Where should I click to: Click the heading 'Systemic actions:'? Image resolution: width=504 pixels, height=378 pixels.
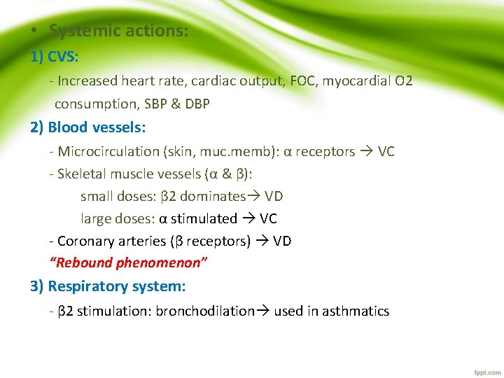[x=118, y=31]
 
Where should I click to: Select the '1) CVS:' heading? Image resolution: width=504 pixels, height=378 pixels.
[x=55, y=57]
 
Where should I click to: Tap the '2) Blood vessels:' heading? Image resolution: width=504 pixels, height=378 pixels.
[x=88, y=127]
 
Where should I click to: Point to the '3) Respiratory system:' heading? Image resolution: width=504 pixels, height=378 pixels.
[x=108, y=286]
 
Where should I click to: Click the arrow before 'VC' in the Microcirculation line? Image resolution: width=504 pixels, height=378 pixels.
[x=366, y=152]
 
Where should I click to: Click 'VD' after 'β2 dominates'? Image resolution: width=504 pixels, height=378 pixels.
[x=274, y=197]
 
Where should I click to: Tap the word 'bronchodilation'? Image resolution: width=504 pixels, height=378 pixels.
[x=205, y=311]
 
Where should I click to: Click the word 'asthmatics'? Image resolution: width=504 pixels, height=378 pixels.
[x=356, y=311]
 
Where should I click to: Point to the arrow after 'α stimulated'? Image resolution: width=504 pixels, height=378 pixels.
[x=248, y=219]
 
